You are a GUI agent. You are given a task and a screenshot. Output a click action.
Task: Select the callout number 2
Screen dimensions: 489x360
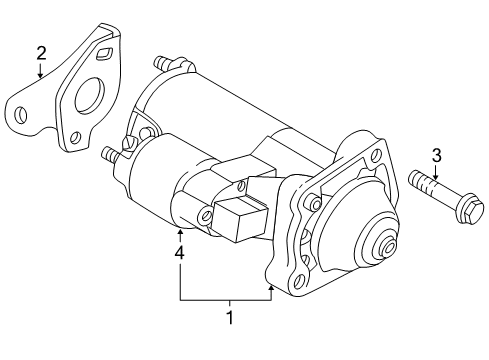click(x=41, y=52)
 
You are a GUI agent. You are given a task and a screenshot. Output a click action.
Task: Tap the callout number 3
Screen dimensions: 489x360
click(x=436, y=154)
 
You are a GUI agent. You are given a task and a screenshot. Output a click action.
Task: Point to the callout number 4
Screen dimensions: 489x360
click(x=180, y=254)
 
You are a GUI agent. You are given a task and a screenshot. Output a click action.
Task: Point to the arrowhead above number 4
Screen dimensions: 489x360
click(x=180, y=233)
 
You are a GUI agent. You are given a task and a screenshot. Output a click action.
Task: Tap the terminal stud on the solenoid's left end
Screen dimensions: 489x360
click(x=109, y=155)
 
